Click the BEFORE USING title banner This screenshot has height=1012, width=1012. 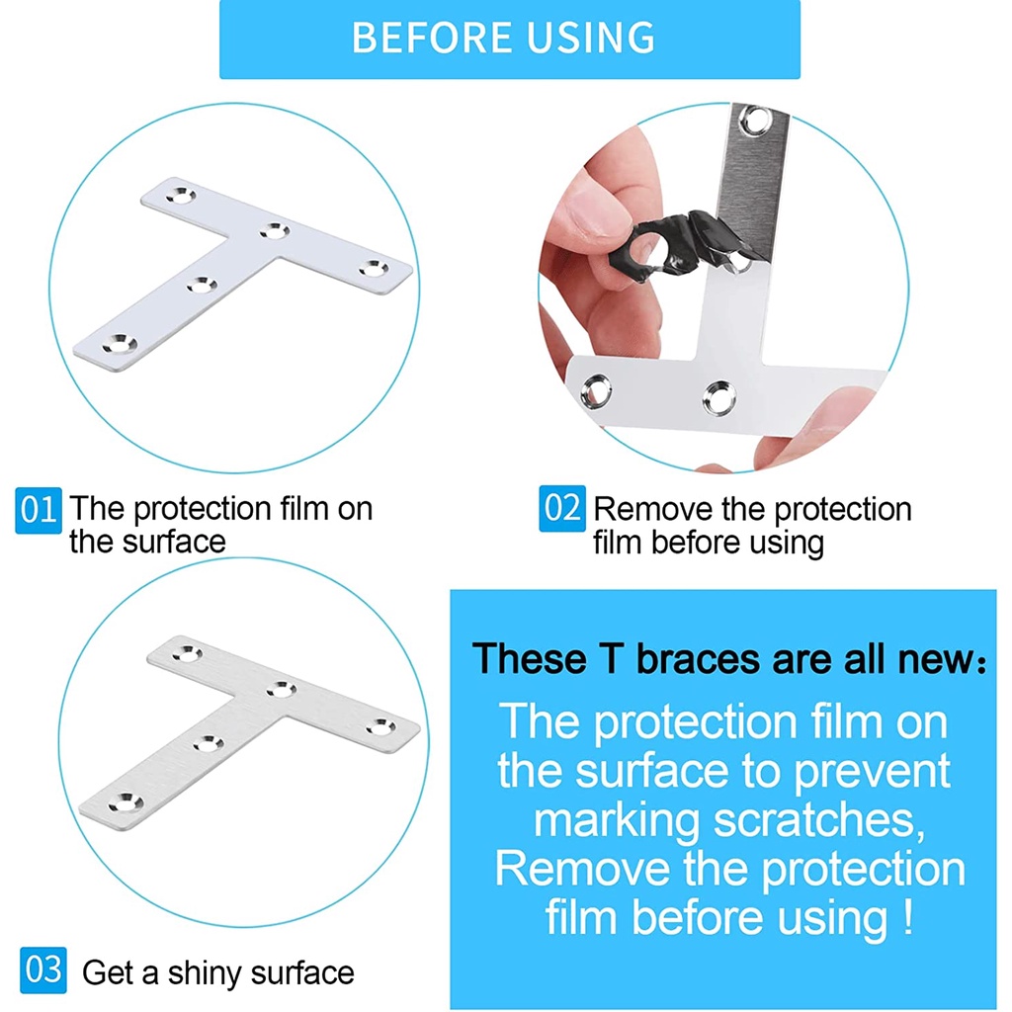click(x=510, y=39)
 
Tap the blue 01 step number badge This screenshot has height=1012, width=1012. click(x=39, y=510)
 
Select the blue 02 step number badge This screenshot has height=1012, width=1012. click(x=562, y=509)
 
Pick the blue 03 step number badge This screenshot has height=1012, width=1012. click(x=43, y=970)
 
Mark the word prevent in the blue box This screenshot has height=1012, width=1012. click(x=872, y=771)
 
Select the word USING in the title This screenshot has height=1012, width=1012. click(x=591, y=38)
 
